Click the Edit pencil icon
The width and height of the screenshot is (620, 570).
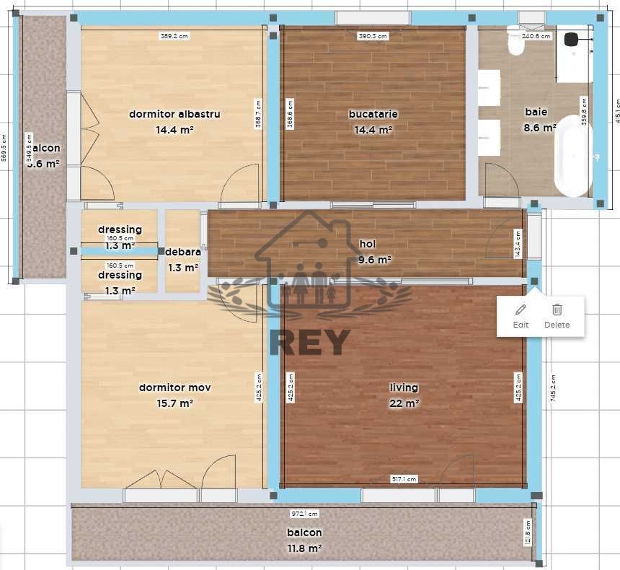521,310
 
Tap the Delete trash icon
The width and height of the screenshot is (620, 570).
557,310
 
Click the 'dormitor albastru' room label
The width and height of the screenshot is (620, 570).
174,114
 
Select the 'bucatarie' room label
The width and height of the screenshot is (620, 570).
373,114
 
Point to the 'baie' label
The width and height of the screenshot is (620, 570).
536,112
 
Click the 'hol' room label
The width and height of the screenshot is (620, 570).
368,245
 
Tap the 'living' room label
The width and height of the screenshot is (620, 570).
404,387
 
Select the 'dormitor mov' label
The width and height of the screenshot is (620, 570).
174,387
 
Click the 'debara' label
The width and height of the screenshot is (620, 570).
182,253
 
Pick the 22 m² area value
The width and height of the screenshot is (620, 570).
404,403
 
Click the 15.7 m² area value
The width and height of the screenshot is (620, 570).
174,403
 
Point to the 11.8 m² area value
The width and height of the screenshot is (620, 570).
304,548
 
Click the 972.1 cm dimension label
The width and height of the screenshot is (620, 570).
304,514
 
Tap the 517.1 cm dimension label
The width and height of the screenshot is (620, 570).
404,478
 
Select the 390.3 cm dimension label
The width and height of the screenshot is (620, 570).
373,35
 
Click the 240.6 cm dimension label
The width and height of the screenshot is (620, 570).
536,35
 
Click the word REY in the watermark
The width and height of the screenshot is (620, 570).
309,342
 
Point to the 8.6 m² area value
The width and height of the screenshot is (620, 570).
539,128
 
